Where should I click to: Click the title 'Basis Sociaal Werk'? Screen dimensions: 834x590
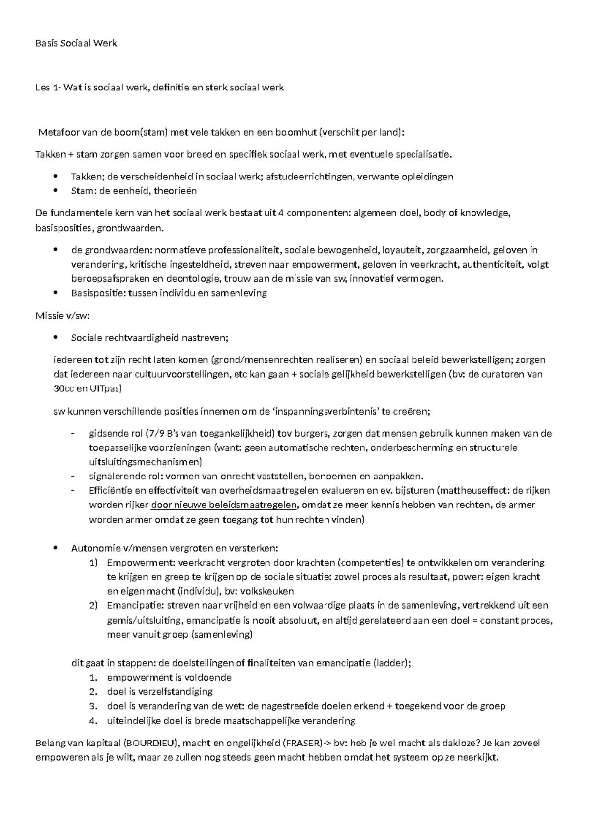tap(76, 43)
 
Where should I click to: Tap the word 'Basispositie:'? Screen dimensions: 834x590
tap(98, 293)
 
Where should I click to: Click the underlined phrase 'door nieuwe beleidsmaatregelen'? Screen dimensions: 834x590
tap(224, 505)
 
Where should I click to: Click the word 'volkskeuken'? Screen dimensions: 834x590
tap(270, 591)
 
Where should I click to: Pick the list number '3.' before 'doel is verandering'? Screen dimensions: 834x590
tap(94, 706)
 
